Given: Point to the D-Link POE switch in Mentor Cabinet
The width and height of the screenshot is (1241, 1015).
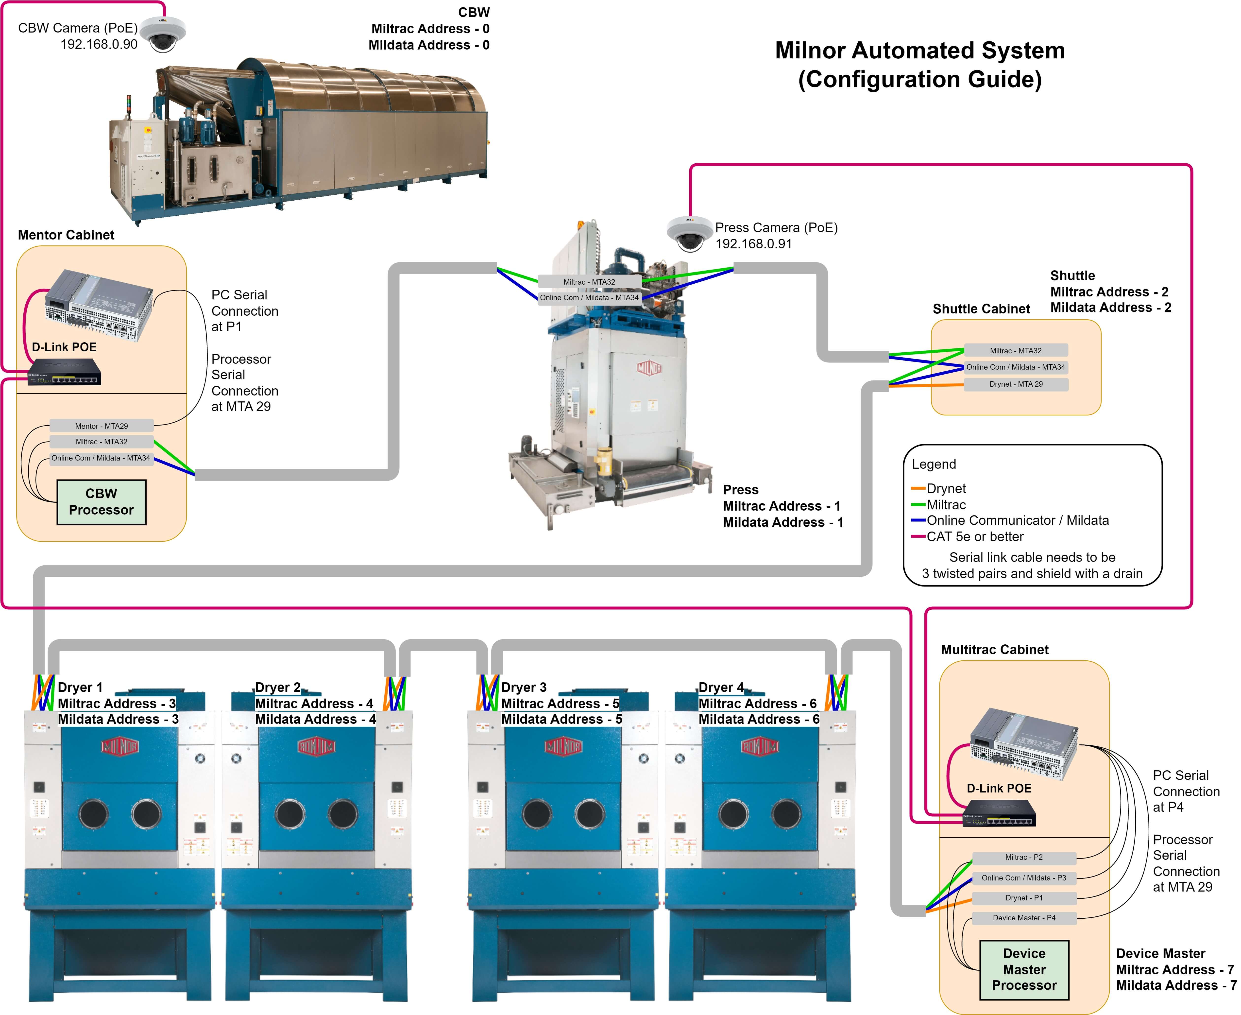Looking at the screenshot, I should (x=65, y=372).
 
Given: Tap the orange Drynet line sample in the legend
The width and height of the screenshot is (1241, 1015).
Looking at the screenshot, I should (x=918, y=488).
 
